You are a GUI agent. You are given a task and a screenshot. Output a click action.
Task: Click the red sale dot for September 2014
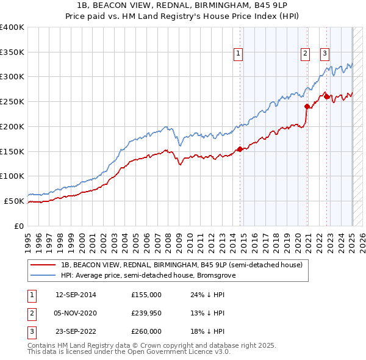click(240, 148)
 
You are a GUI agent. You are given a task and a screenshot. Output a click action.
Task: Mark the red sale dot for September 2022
click(326, 96)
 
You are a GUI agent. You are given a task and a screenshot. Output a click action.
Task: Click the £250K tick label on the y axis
click(12, 101)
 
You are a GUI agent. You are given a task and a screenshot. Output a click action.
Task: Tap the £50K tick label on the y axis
click(14, 201)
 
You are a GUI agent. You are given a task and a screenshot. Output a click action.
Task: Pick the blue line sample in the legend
click(43, 275)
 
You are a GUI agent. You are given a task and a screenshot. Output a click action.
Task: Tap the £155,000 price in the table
click(146, 295)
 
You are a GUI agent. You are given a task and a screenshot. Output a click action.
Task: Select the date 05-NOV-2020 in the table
click(76, 313)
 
